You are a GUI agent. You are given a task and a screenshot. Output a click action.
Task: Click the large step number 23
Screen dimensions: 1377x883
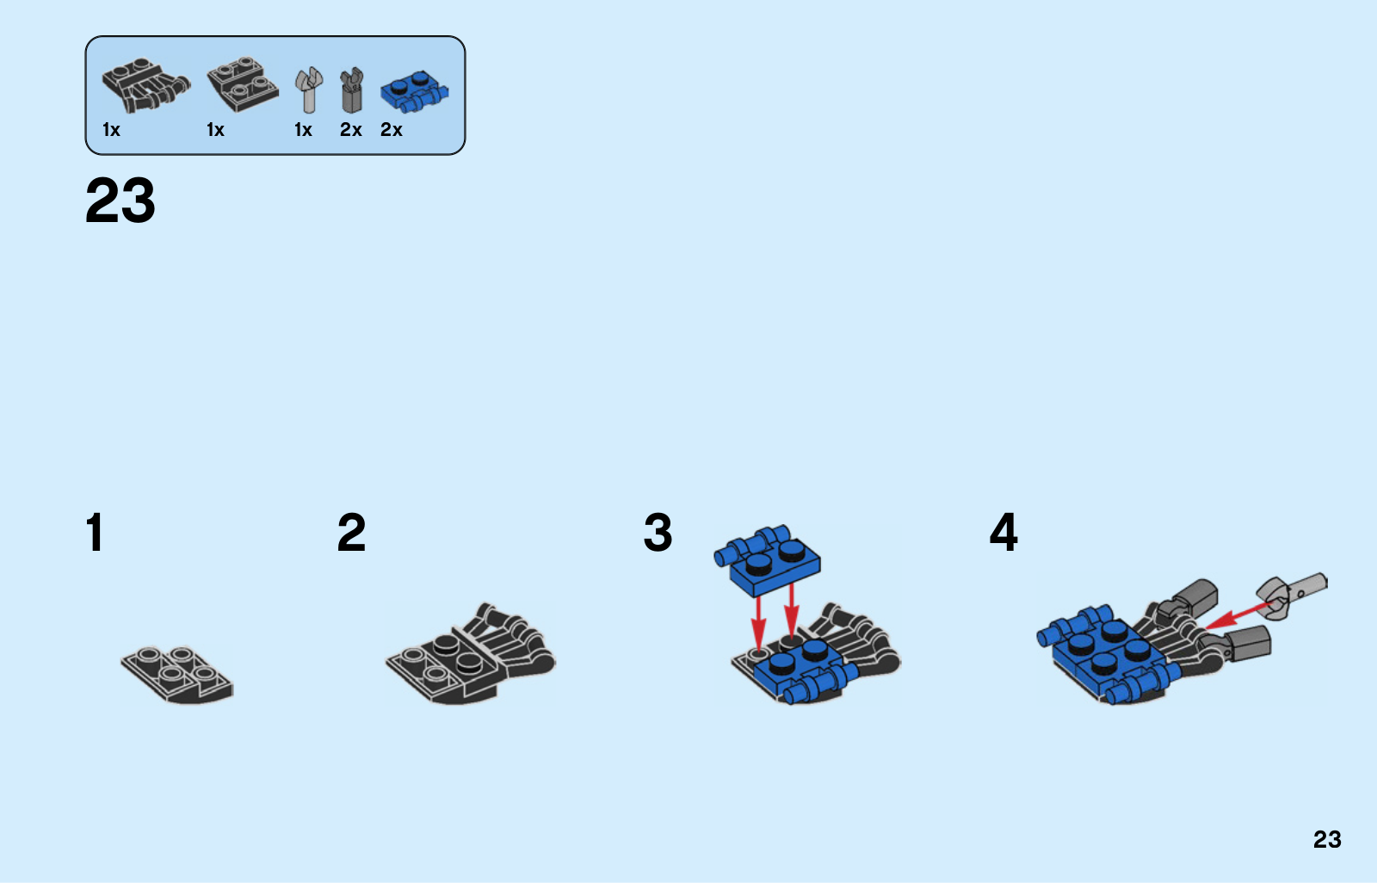(120, 201)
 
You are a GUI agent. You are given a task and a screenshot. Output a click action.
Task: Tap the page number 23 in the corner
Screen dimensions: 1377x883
(1327, 839)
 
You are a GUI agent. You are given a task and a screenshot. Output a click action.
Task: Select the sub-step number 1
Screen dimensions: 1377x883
(95, 533)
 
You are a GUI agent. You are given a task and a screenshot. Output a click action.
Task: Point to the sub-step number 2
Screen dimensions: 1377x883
(352, 533)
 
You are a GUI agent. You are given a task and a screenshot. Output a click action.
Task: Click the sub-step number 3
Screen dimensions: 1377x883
(658, 533)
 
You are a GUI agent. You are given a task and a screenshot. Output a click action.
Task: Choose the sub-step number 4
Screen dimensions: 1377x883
(1003, 533)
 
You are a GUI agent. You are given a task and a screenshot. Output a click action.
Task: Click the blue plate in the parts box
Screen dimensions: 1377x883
(414, 92)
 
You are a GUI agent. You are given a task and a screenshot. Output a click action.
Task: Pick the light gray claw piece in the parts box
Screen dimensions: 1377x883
(309, 90)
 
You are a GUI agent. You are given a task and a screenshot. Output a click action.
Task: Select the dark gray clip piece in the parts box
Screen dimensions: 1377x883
(352, 90)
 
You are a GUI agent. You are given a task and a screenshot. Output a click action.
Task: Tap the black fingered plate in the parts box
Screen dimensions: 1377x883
(145, 85)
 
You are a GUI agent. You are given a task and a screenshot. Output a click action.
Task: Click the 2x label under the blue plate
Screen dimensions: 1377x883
(391, 130)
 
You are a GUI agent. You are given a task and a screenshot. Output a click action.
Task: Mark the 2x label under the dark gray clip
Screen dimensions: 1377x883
(351, 130)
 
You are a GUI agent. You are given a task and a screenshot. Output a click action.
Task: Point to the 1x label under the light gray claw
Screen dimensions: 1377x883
(303, 130)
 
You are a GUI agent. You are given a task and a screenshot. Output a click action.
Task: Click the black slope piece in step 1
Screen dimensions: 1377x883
(177, 675)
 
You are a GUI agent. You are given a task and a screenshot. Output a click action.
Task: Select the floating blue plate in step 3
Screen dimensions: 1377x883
(767, 560)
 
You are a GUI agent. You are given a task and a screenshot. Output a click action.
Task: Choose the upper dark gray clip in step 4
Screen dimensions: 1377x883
(1187, 599)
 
